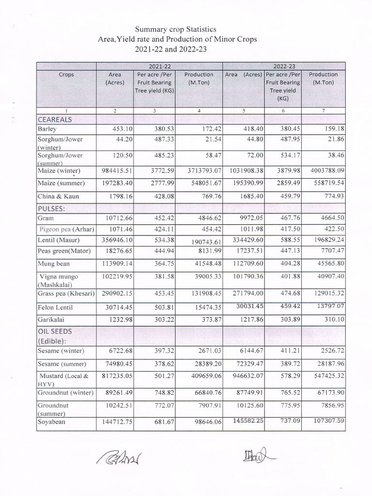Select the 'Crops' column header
[x=66, y=75]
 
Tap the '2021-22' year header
[x=159, y=66]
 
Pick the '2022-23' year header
[x=283, y=66]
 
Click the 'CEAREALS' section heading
[x=54, y=119]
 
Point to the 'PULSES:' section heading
[x=51, y=208]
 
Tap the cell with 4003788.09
[x=324, y=171]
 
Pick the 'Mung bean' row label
[x=53, y=263]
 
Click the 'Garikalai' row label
[x=51, y=320]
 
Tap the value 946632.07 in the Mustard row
[x=244, y=376]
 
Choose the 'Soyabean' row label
[x=51, y=422]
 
